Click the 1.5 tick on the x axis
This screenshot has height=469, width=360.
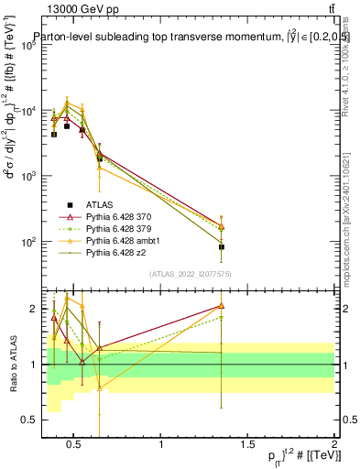[x=248, y=446]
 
